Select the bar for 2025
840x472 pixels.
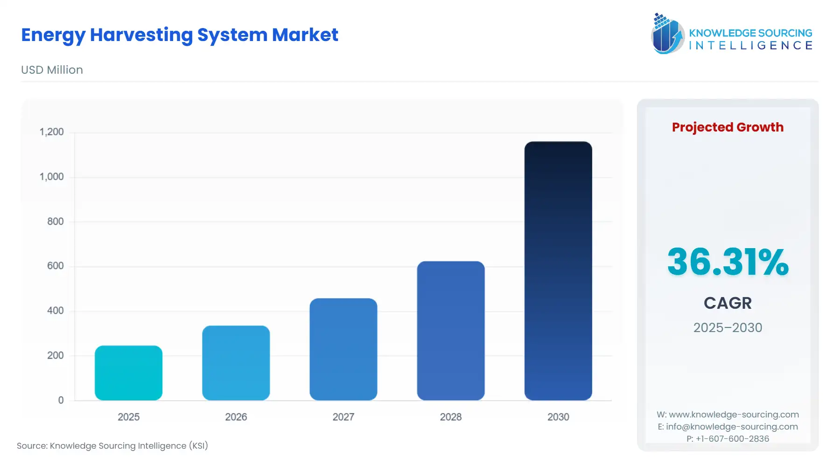[128, 373]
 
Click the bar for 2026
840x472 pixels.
[236, 363]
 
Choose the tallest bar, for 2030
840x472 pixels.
[558, 271]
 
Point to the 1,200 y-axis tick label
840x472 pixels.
[51, 132]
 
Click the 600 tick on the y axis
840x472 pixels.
[55, 266]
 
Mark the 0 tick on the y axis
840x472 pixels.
[61, 400]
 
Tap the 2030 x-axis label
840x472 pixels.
[558, 417]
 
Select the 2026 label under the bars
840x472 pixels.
[236, 417]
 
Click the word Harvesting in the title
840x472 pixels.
[141, 35]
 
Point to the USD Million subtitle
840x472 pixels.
[52, 70]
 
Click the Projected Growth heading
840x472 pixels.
[727, 127]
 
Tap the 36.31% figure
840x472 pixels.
[727, 262]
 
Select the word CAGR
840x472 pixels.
[727, 303]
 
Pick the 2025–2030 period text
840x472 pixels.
[727, 327]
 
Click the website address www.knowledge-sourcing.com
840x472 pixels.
[734, 415]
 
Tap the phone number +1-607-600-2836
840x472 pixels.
[732, 439]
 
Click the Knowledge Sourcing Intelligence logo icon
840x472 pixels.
[667, 34]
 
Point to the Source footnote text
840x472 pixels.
[112, 446]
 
